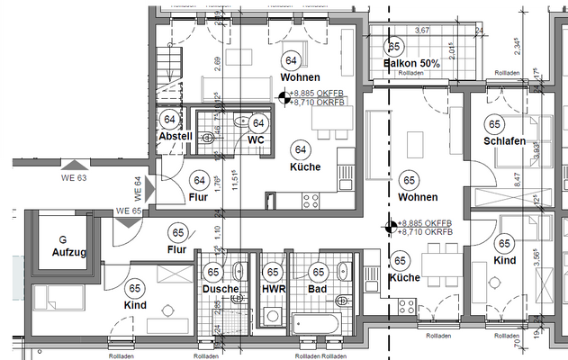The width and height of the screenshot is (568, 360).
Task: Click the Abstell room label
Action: (x=176, y=136)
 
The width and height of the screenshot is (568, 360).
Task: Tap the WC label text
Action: (x=255, y=140)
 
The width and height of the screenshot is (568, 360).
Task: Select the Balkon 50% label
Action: (x=411, y=64)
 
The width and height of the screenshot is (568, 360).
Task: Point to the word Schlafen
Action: (x=504, y=141)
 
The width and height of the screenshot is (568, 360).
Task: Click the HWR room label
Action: (x=273, y=289)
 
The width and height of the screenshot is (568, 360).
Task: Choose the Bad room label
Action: (x=317, y=289)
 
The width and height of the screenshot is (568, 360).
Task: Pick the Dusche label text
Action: (x=221, y=289)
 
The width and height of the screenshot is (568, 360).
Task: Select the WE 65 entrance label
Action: (x=129, y=211)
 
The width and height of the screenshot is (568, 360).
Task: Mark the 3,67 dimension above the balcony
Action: (x=421, y=31)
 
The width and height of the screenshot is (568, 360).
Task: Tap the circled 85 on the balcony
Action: (x=393, y=47)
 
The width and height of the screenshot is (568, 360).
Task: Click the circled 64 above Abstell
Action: (x=169, y=119)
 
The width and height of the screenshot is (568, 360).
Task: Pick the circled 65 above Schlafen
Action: (x=494, y=124)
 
